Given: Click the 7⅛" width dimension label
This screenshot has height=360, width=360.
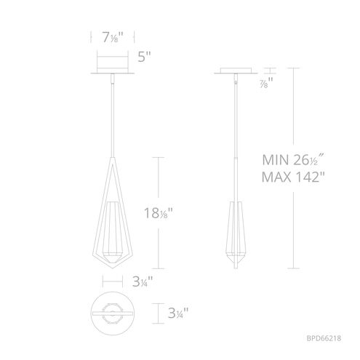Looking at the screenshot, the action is tap(113, 38).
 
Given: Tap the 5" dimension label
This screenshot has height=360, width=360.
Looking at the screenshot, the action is tap(144, 57).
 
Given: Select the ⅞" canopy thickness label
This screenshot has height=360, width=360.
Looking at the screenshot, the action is tap(266, 83).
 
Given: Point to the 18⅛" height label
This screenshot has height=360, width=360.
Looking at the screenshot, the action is tap(159, 213).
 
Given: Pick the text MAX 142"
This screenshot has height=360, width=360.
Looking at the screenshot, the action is tap(293, 177).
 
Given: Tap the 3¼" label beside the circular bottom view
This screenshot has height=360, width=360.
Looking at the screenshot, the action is tap(178, 313).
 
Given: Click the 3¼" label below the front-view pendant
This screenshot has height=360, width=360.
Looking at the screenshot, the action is tap(143, 281).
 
